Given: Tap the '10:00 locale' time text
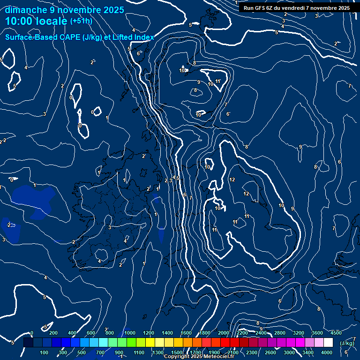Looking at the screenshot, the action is click(x=37, y=21).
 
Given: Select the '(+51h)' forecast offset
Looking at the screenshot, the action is click(x=81, y=21).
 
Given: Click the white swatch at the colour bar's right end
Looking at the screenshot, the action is click(x=328, y=343).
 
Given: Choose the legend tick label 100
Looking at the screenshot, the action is click(x=45, y=352).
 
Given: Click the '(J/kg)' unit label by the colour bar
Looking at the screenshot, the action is click(x=346, y=343).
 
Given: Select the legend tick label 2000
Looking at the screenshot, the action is click(x=224, y=333).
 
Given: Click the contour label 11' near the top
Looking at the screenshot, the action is click(x=218, y=82).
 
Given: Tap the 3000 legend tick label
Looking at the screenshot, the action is click(x=289, y=352).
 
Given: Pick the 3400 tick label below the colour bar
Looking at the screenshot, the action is click(x=308, y=352).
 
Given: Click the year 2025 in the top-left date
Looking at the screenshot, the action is click(x=114, y=10).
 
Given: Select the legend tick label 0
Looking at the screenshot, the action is click(x=31, y=333).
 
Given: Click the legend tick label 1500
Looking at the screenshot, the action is click(x=176, y=352).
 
